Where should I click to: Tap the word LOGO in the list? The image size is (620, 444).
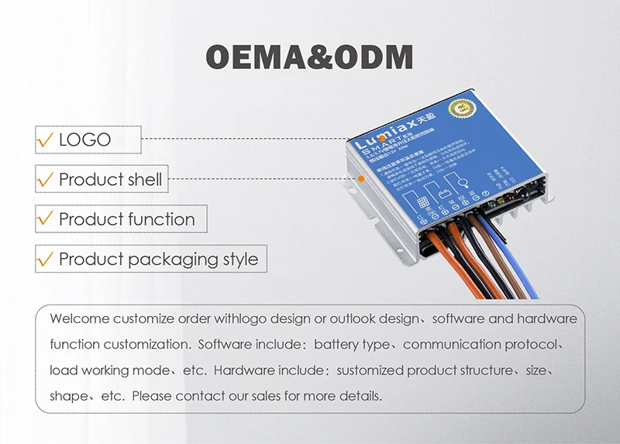click(84, 140)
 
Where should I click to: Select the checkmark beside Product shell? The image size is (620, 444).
click(45, 181)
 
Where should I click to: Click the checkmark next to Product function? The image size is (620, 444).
click(45, 220)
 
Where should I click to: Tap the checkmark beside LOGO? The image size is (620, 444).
click(45, 141)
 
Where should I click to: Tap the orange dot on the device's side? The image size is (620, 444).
click(361, 178)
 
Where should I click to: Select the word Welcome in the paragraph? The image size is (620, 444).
click(79, 319)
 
